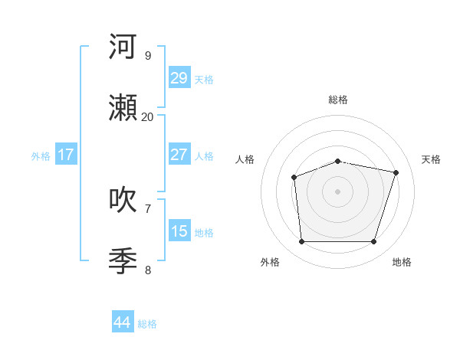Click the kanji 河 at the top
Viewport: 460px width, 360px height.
(123, 47)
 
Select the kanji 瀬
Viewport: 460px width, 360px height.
(123, 108)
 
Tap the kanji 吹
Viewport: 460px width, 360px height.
(123, 200)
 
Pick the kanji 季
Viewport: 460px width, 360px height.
(123, 261)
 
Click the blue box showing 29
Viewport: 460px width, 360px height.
(179, 78)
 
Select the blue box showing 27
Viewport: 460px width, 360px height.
(179, 155)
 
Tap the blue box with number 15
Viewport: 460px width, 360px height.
(179, 231)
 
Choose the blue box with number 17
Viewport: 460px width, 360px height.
(66, 155)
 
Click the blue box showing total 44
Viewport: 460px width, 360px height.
(123, 322)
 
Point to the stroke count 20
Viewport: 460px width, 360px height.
(147, 116)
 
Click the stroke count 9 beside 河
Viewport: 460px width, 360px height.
(147, 55)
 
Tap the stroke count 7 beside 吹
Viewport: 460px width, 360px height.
(147, 208)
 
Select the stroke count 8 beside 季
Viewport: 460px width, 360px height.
(147, 270)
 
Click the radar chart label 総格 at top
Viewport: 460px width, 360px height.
(338, 100)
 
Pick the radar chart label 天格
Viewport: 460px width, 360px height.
(431, 159)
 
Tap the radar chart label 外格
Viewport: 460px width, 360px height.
(270, 262)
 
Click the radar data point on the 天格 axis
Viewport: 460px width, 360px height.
(396, 172)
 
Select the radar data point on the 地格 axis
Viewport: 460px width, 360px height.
(373, 241)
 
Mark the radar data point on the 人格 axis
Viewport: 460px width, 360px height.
(294, 178)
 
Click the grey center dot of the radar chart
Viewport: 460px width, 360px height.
(338, 191)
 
